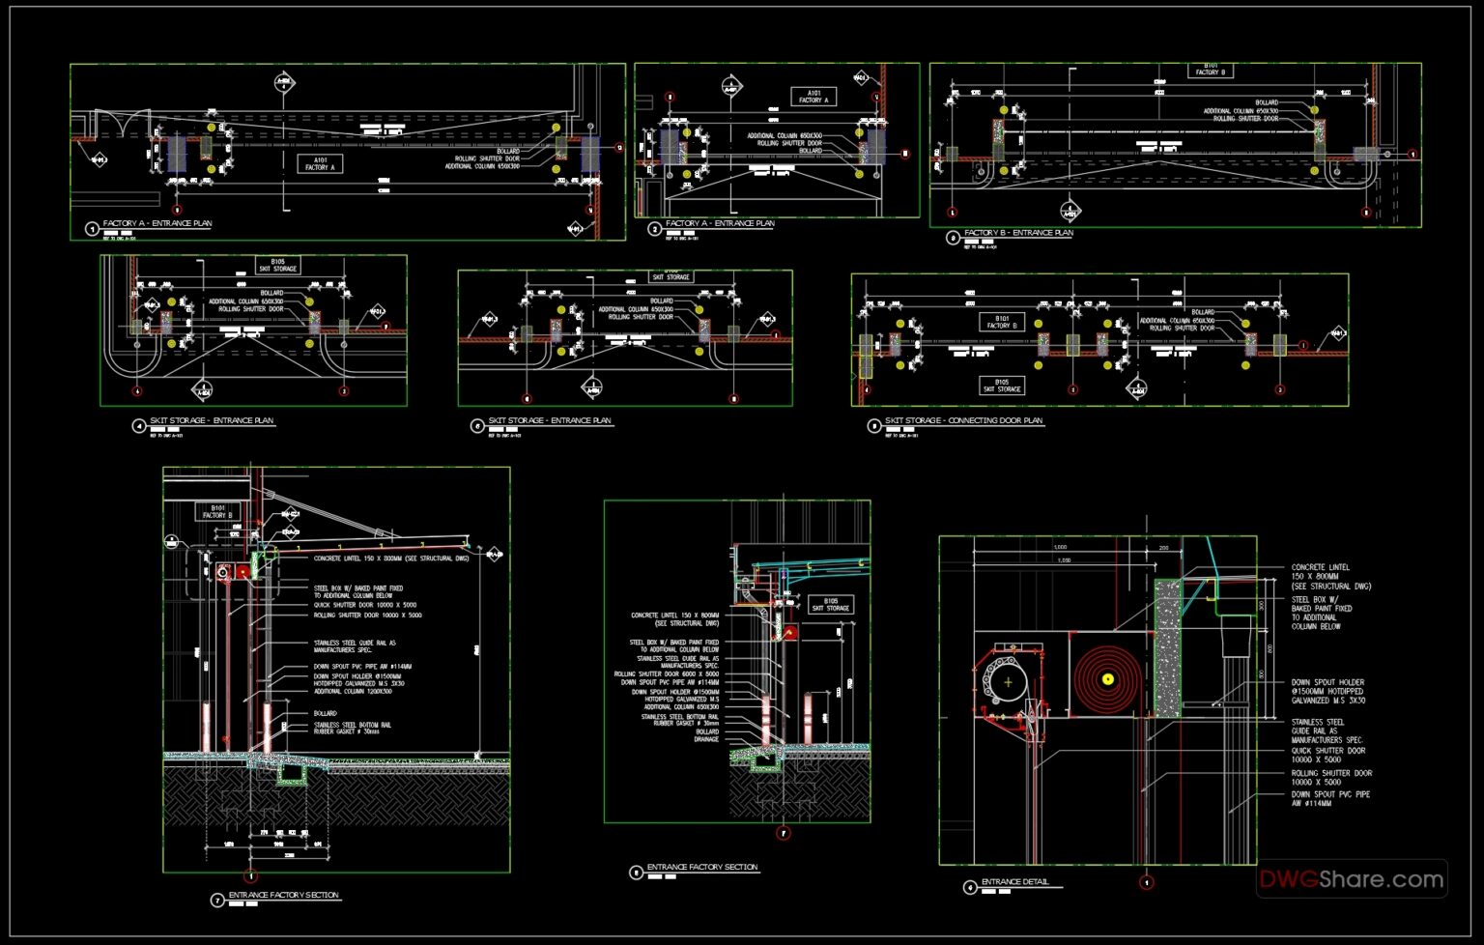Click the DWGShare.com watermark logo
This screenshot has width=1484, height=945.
[1351, 879]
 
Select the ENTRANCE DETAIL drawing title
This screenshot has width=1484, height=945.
[1014, 882]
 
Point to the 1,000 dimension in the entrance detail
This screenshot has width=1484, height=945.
[1060, 547]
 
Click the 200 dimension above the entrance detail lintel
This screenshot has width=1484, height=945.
[1163, 548]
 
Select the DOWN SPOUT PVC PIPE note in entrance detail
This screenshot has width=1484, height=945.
[1329, 798]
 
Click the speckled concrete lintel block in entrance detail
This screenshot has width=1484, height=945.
[1167, 647]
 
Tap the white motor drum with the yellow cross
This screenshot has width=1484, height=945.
[1008, 681]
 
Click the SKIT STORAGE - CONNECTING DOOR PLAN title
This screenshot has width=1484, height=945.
[963, 421]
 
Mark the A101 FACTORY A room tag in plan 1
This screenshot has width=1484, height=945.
[320, 164]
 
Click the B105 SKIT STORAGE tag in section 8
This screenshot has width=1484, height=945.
[830, 604]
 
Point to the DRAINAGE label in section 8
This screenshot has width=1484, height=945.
[706, 739]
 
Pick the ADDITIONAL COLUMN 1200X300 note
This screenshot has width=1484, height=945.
[353, 692]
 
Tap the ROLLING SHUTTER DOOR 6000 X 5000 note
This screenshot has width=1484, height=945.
[667, 673]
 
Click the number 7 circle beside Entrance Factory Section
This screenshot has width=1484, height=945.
[217, 901]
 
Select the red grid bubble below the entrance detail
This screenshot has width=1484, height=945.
[1147, 882]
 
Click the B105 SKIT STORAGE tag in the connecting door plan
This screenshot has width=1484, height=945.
[1002, 386]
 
